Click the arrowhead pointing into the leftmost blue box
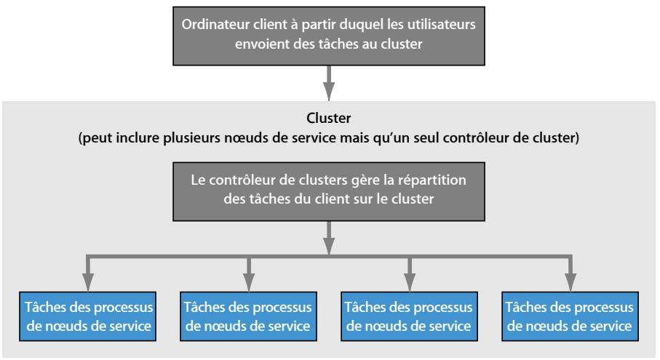click(x=88, y=281)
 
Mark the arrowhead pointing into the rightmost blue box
click(x=570, y=281)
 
